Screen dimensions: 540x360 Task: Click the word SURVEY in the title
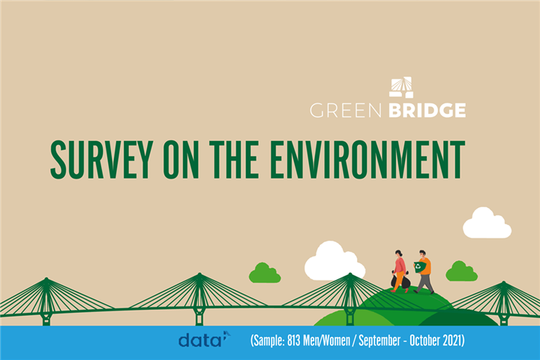(x=101, y=160)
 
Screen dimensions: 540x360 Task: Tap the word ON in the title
(x=181, y=160)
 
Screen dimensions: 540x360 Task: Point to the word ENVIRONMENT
(x=367, y=160)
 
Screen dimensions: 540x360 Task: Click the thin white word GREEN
(x=346, y=110)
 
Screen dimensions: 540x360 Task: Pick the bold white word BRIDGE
(x=427, y=110)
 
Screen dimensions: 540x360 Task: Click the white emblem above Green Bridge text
(x=401, y=88)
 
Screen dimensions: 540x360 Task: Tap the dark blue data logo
(x=204, y=340)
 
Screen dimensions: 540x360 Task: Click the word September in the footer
(x=379, y=341)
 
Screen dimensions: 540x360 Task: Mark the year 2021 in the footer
(x=452, y=340)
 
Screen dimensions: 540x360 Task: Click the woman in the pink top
(x=400, y=271)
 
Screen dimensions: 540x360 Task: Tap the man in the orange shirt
(x=424, y=271)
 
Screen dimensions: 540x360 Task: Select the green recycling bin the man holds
(x=420, y=267)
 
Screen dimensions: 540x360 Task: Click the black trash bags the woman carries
(x=400, y=280)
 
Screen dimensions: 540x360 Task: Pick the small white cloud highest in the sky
(x=487, y=223)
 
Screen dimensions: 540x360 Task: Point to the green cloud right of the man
(x=461, y=271)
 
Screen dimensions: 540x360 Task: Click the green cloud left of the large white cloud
(x=265, y=273)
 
